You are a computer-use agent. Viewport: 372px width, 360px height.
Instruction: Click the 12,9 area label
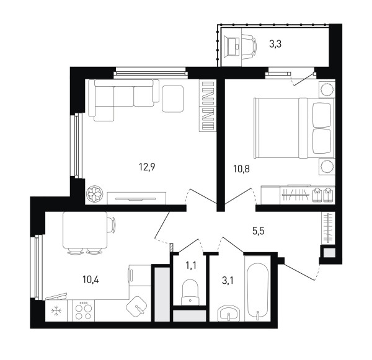point(147,167)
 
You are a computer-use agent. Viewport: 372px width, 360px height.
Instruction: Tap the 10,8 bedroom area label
point(241,169)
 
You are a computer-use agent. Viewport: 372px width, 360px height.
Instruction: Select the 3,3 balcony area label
point(275,44)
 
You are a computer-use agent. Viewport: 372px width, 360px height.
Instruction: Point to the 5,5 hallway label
point(259,230)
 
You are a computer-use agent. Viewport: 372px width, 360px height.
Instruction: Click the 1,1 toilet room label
point(191,266)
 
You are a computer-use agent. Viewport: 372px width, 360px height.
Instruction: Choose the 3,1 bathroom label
point(228,281)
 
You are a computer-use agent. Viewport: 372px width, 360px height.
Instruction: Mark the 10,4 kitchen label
point(91,279)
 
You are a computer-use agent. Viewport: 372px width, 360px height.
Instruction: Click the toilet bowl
point(190,292)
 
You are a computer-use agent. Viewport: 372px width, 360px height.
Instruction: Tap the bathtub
point(258,292)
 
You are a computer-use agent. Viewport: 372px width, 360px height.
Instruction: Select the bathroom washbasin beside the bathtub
point(229,313)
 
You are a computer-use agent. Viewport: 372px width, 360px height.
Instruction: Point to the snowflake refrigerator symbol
point(56,310)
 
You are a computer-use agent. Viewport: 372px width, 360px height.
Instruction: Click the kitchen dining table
point(85,230)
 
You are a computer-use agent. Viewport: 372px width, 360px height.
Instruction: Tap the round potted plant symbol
point(95,194)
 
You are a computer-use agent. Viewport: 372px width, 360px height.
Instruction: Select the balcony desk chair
point(249,46)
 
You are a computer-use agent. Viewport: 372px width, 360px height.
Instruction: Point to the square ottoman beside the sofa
point(173,99)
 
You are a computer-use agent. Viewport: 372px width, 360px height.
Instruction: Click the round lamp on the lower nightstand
point(327,167)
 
